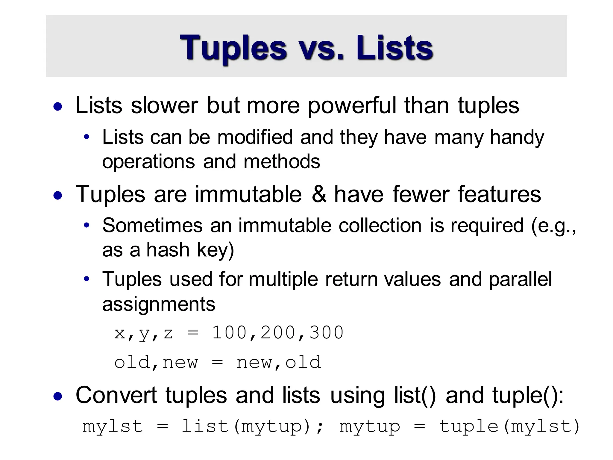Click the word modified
(255, 137)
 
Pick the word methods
(282, 161)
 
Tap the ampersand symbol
(319, 194)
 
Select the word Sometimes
(152, 225)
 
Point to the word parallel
(520, 279)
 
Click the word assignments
(159, 304)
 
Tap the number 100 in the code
(229, 332)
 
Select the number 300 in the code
(326, 332)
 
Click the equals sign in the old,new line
(217, 362)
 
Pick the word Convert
(116, 395)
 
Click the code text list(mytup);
(252, 426)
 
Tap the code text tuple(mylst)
(509, 426)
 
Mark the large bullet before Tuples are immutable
(58, 196)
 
